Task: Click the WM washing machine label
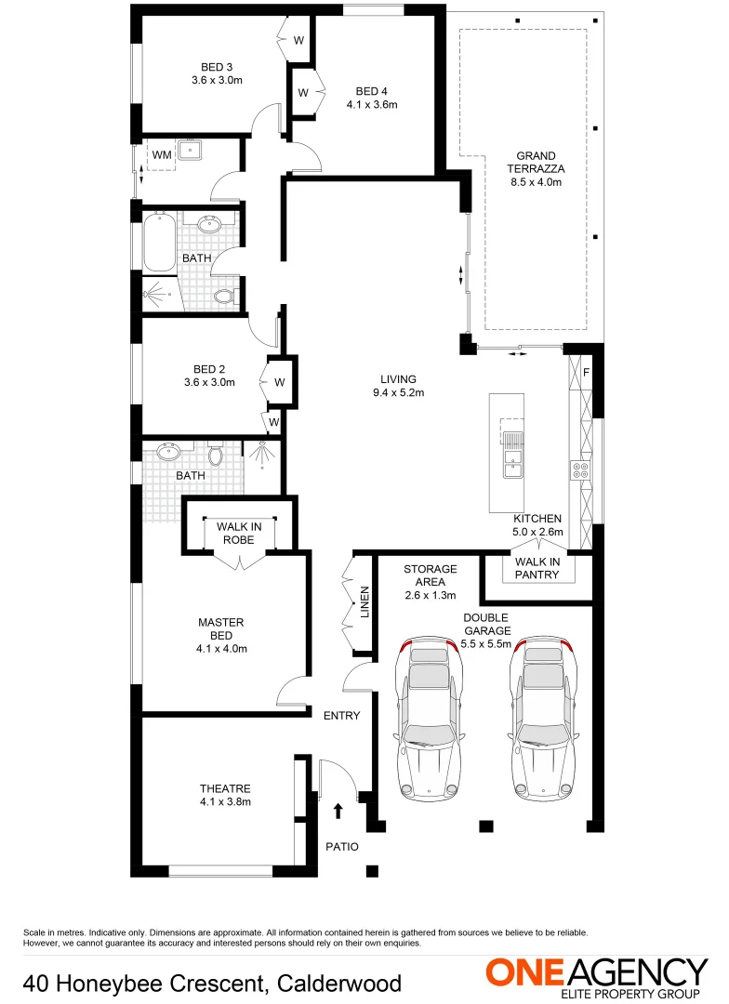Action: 162,154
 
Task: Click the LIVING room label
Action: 398,379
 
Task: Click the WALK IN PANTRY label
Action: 537,568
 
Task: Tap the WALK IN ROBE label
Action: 239,534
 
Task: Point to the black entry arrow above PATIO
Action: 338,812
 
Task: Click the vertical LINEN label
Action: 364,603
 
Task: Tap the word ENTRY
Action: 341,716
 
